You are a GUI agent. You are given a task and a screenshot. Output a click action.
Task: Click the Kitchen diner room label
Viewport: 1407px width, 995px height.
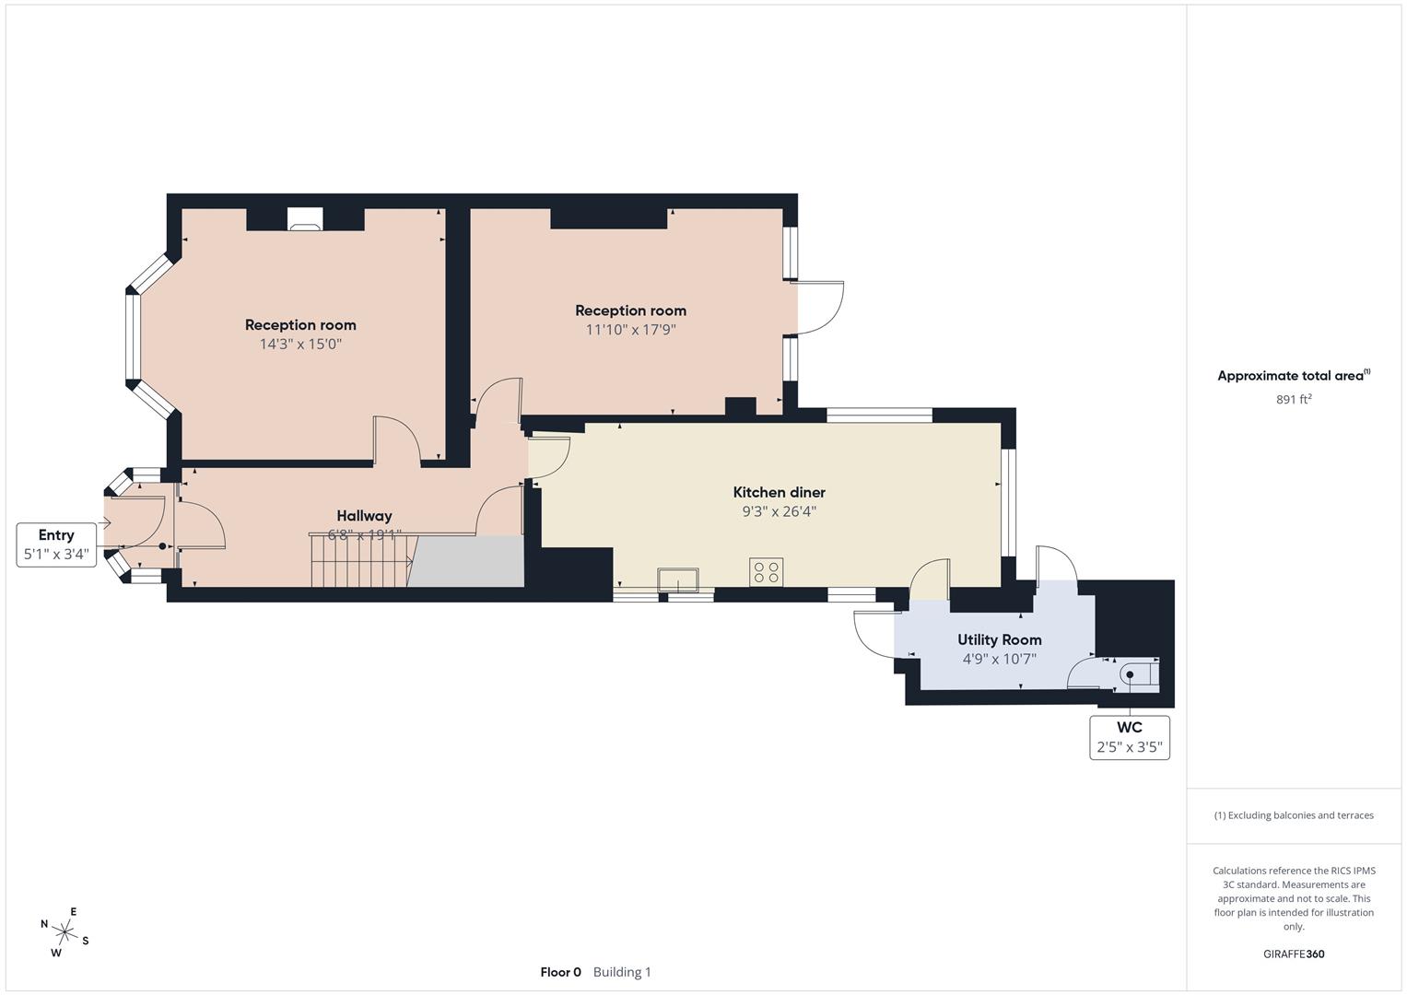click(779, 492)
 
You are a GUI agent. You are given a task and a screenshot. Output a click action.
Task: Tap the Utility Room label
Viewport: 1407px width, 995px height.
click(999, 639)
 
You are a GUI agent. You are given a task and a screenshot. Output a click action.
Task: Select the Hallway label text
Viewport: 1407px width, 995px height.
click(364, 516)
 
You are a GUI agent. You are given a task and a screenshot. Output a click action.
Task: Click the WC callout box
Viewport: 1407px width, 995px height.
click(1130, 737)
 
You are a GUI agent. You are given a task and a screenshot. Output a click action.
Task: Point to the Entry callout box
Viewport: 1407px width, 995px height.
click(56, 544)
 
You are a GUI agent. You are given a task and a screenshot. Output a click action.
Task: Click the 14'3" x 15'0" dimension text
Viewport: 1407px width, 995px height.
click(300, 345)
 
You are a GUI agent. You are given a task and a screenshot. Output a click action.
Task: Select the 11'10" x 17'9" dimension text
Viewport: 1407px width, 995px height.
click(630, 330)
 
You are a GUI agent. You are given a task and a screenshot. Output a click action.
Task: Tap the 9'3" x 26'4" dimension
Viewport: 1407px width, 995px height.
click(779, 511)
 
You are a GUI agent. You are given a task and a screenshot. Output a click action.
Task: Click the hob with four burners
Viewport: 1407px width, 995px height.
click(767, 571)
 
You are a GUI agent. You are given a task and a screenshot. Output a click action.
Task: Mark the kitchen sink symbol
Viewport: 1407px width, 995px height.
click(678, 579)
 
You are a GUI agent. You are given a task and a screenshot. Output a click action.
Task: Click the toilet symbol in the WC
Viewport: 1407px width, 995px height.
click(1137, 675)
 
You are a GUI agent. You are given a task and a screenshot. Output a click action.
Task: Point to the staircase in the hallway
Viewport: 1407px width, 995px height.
click(360, 559)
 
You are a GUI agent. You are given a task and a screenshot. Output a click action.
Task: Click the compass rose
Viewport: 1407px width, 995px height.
click(64, 932)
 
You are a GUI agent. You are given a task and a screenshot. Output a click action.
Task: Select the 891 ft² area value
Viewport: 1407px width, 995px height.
click(1294, 399)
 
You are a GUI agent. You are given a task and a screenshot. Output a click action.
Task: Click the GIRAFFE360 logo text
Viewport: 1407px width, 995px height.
click(1294, 954)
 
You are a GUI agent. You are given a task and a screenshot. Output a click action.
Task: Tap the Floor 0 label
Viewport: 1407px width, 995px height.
click(560, 972)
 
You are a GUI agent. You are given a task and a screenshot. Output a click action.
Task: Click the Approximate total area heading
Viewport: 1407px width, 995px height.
click(1292, 376)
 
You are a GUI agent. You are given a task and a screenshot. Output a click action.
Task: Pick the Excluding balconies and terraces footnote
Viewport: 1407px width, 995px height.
click(1294, 815)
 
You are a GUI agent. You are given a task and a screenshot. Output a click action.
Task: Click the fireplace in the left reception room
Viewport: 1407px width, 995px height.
click(305, 219)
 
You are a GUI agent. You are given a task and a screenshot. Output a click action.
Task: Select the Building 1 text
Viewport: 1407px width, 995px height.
click(622, 972)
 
